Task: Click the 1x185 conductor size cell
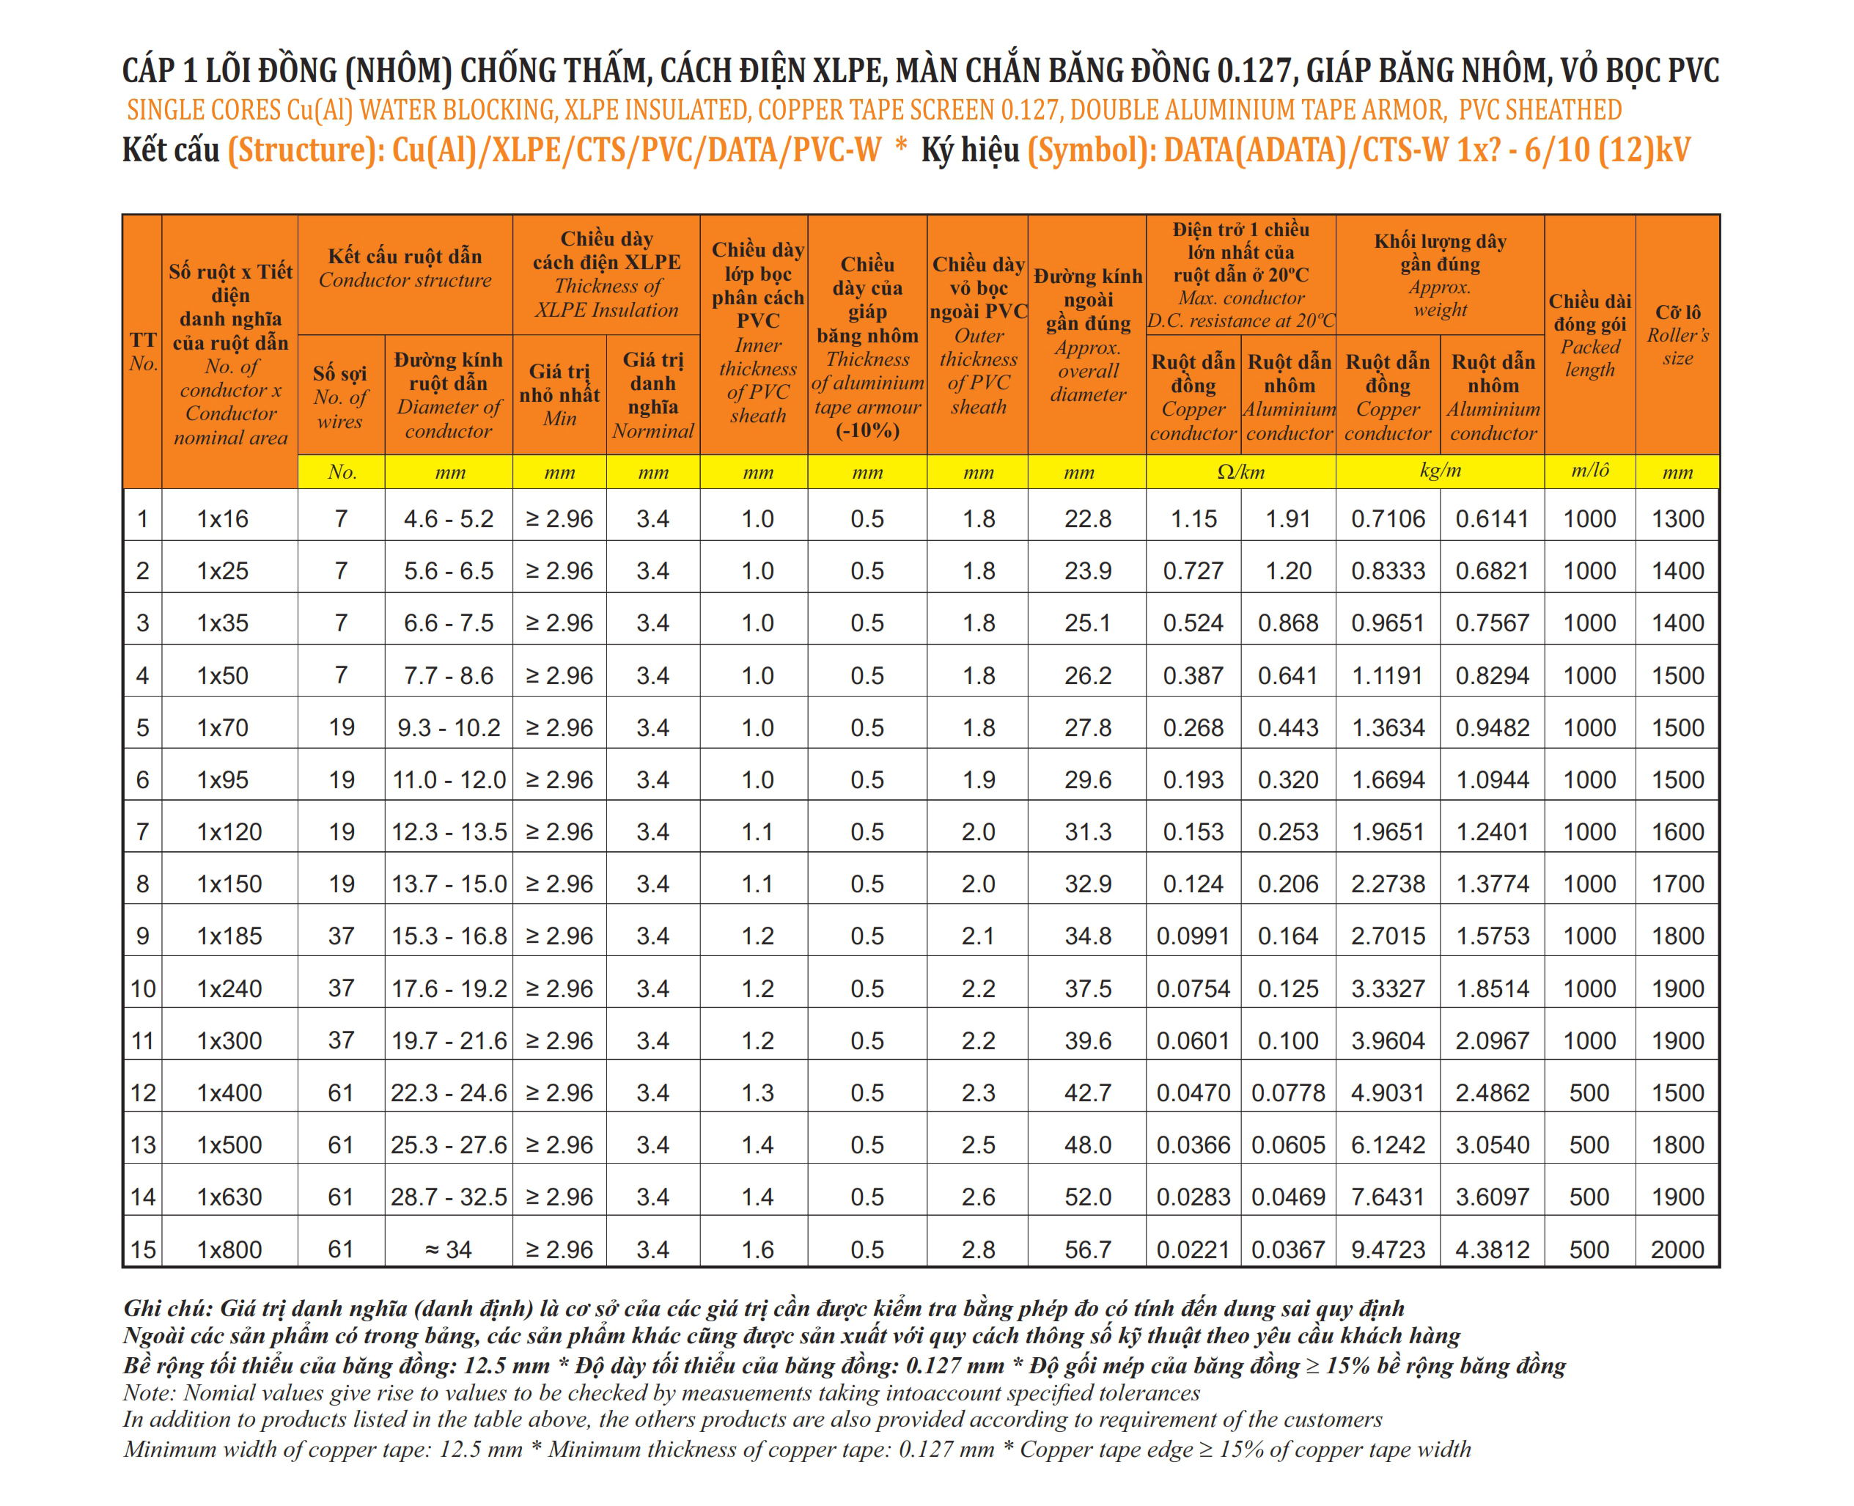[229, 936]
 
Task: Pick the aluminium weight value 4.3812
[1492, 1249]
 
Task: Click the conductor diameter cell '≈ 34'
[449, 1249]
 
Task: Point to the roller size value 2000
[1677, 1249]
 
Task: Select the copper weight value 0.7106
[1388, 519]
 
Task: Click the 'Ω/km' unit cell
[1240, 472]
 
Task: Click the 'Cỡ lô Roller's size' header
[1677, 335]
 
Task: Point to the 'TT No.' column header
[143, 351]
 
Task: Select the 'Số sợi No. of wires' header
[341, 397]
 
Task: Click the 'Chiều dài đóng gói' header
[1589, 335]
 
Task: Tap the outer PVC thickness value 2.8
[978, 1249]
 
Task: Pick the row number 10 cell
[143, 988]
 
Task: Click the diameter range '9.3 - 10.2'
[449, 728]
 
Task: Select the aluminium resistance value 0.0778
[1288, 1093]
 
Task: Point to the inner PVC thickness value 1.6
[757, 1249]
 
